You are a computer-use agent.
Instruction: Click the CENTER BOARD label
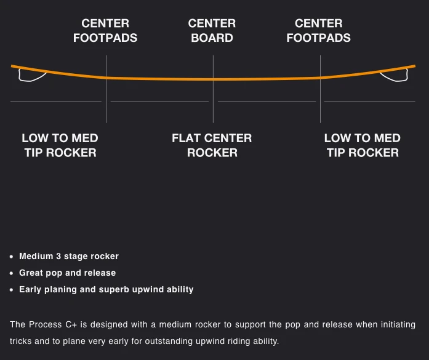[212, 31]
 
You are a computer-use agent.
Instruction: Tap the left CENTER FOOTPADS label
[105, 31]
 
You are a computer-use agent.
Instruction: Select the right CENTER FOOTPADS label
[318, 31]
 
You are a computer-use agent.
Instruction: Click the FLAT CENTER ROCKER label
[212, 145]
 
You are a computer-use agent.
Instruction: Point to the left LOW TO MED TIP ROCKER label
[60, 145]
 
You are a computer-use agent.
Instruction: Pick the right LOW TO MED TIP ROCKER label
[363, 145]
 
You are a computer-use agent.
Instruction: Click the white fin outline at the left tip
[31, 76]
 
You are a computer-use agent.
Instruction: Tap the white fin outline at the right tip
[395, 76]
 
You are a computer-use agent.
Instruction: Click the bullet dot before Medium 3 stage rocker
[12, 257]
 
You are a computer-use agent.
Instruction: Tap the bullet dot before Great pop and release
[12, 273]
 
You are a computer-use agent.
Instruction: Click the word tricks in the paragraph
[22, 341]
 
